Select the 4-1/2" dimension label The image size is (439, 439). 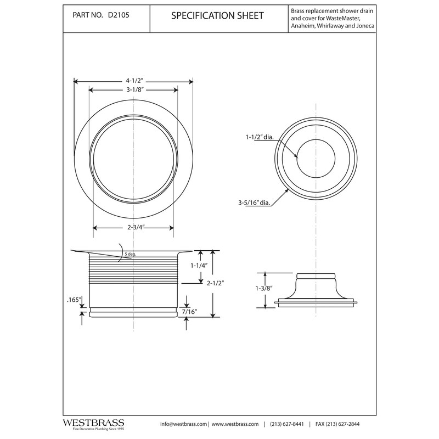pos(133,81)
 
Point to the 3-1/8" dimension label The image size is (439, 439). pos(133,90)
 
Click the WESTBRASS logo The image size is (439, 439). pos(92,424)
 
